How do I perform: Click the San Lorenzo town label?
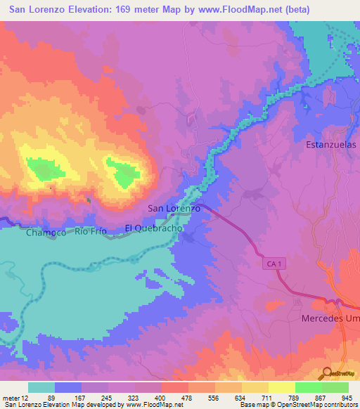(x=174, y=209)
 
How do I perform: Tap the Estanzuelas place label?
(x=331, y=145)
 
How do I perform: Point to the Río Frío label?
(x=91, y=231)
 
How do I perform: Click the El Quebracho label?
(x=154, y=228)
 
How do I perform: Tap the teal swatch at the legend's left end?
(x=41, y=387)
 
